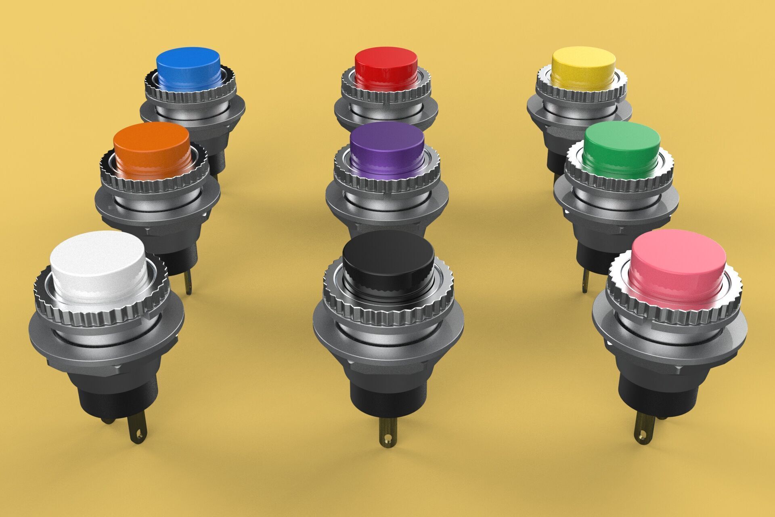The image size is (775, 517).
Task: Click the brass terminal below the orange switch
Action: [188, 283]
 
